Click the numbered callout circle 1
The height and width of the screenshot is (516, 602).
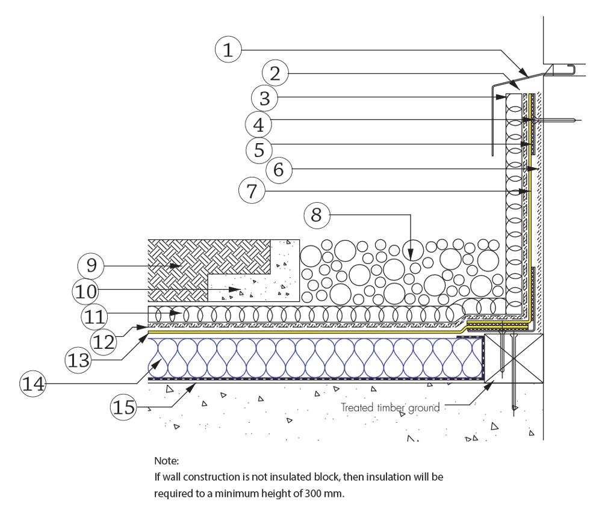pyautogui.click(x=228, y=51)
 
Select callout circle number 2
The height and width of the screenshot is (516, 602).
pyautogui.click(x=276, y=74)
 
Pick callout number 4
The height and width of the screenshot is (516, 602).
pyautogui.click(x=258, y=123)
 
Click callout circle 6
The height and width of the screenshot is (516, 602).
pyautogui.click(x=279, y=170)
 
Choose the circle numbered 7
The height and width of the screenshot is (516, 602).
pyautogui.click(x=252, y=192)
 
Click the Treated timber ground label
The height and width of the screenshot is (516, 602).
pyautogui.click(x=392, y=407)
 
